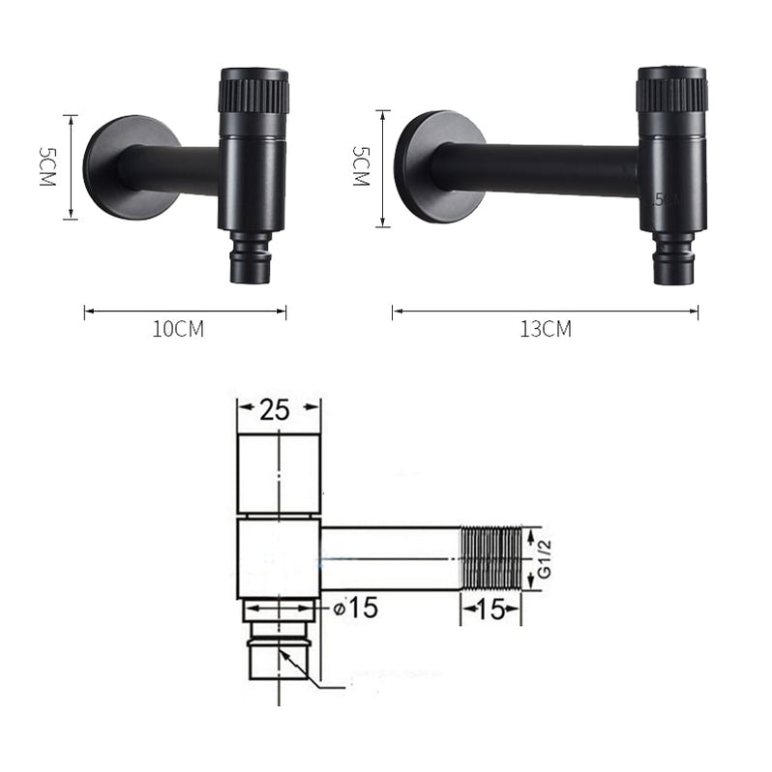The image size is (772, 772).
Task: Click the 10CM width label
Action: [x=178, y=329]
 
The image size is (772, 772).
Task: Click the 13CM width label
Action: [x=545, y=329]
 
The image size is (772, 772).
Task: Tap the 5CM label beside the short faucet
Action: [x=45, y=167]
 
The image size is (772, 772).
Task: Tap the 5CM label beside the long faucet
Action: [x=360, y=166]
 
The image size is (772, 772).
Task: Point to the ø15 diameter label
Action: [x=354, y=609]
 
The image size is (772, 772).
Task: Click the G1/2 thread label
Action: [x=544, y=558]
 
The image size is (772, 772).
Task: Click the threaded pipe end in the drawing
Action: [x=490, y=558]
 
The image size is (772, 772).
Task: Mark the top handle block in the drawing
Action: [x=279, y=474]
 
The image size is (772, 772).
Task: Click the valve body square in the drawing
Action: [x=279, y=558]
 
